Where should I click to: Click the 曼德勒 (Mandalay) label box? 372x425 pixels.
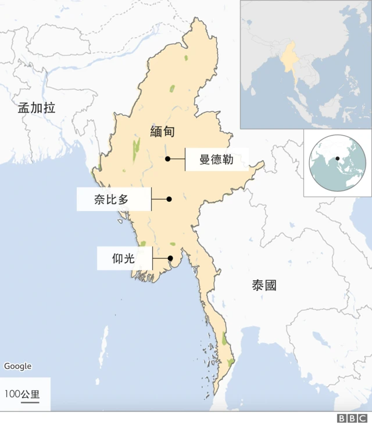tap(217, 159)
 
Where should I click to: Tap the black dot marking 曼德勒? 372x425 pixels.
tap(167, 159)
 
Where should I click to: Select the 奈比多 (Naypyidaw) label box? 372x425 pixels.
tap(114, 199)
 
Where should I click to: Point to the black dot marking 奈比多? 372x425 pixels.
tap(169, 199)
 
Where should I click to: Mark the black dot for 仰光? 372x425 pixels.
tap(170, 259)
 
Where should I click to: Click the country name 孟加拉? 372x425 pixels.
tap(37, 107)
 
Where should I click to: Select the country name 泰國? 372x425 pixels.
tap(264, 285)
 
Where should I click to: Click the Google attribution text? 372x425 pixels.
tap(18, 366)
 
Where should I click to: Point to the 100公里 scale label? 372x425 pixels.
tap(22, 394)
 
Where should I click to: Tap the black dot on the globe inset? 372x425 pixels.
tap(337, 158)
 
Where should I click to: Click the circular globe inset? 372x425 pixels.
tap(337, 163)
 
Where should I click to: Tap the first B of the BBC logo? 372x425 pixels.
tap(342, 418)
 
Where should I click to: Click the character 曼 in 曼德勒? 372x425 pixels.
tap(205, 159)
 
